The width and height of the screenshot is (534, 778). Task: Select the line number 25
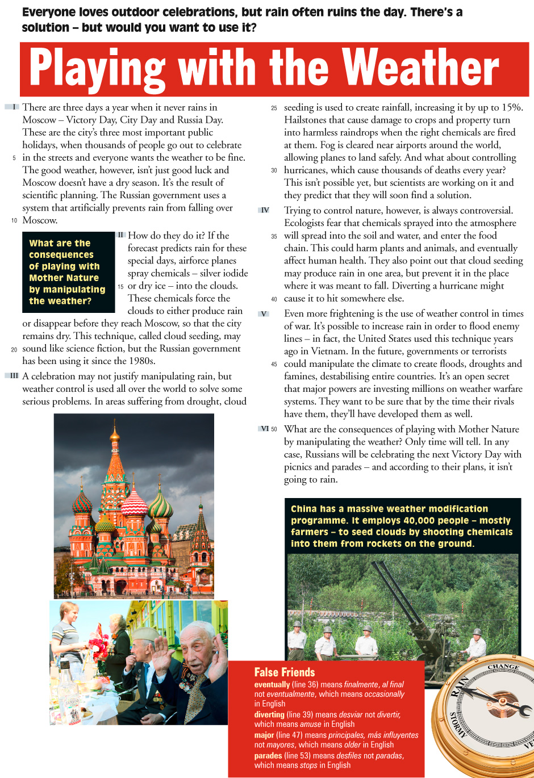click(x=274, y=108)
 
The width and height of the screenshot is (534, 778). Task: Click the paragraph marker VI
click(x=265, y=429)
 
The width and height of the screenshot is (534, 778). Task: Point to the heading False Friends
click(x=284, y=672)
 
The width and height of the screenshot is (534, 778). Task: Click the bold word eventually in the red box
click(x=272, y=685)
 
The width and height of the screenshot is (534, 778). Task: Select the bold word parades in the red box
click(x=268, y=756)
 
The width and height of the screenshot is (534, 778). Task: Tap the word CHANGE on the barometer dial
click(x=503, y=666)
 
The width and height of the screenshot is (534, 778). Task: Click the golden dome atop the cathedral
click(x=115, y=436)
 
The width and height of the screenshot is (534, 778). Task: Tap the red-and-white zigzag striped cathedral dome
click(x=135, y=502)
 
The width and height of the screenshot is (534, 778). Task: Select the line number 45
click(x=274, y=365)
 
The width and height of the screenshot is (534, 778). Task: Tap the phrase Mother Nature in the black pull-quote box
click(x=64, y=278)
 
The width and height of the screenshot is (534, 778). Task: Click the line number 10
click(x=14, y=220)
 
